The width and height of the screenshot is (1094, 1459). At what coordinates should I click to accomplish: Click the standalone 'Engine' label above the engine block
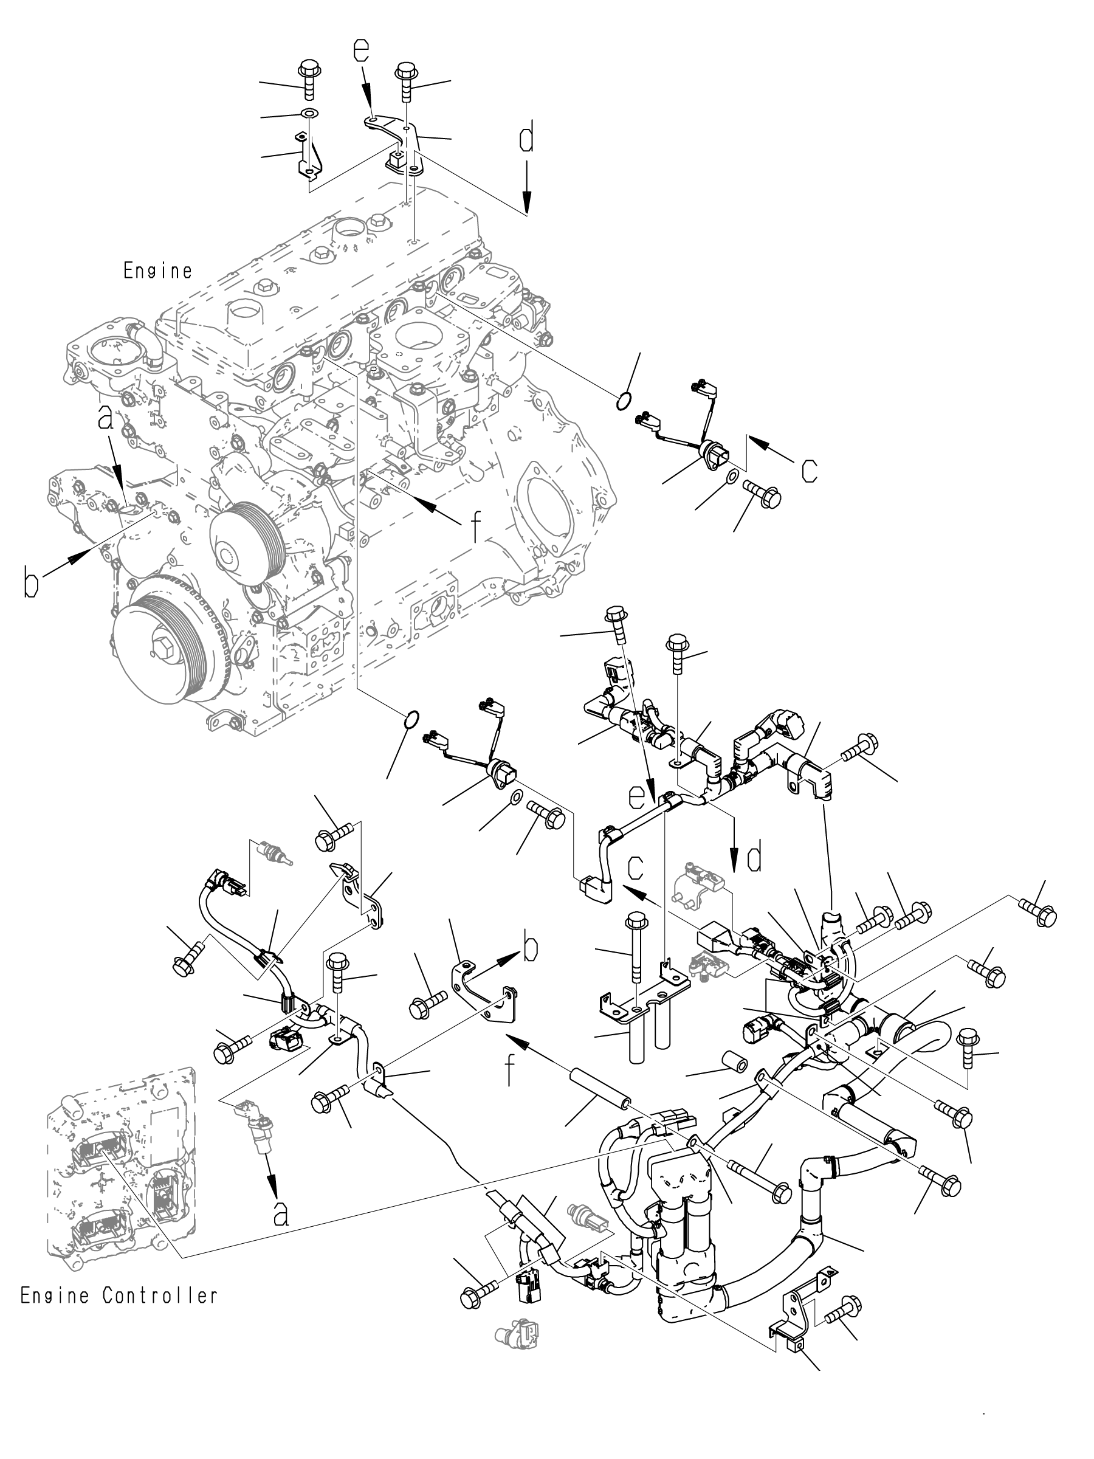pyautogui.click(x=157, y=271)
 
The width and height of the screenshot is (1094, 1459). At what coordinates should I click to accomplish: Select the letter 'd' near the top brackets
pyautogui.click(x=526, y=139)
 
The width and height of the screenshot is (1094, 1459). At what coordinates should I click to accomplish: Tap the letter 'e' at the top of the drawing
pyautogui.click(x=360, y=51)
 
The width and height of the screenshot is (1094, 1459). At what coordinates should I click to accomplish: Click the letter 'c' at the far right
pyautogui.click(x=809, y=471)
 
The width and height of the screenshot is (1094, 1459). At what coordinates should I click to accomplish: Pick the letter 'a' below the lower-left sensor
pyautogui.click(x=281, y=1213)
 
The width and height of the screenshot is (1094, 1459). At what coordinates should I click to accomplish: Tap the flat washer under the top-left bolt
pyautogui.click(x=308, y=114)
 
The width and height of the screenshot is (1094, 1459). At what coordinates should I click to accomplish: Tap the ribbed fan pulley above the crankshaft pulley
pyautogui.click(x=247, y=540)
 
